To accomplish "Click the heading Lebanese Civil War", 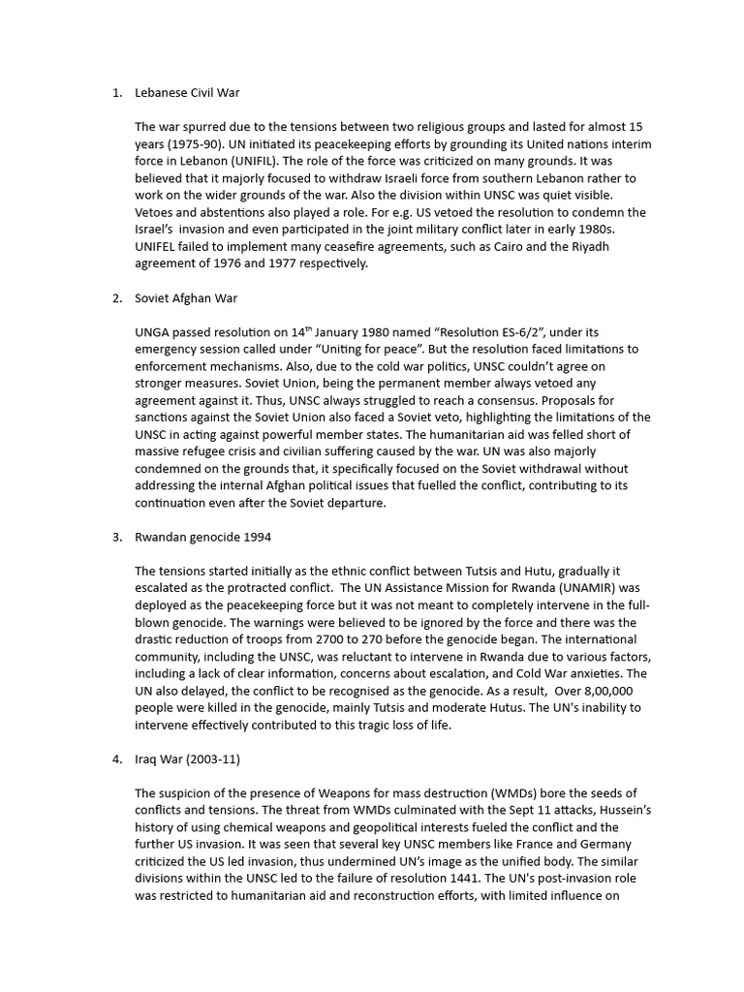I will [x=187, y=93].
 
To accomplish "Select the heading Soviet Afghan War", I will [x=186, y=298].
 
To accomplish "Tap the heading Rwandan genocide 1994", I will [x=197, y=537].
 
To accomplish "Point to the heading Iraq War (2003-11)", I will [x=181, y=759].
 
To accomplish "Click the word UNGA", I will [x=154, y=332].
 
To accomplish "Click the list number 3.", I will [x=116, y=537].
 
